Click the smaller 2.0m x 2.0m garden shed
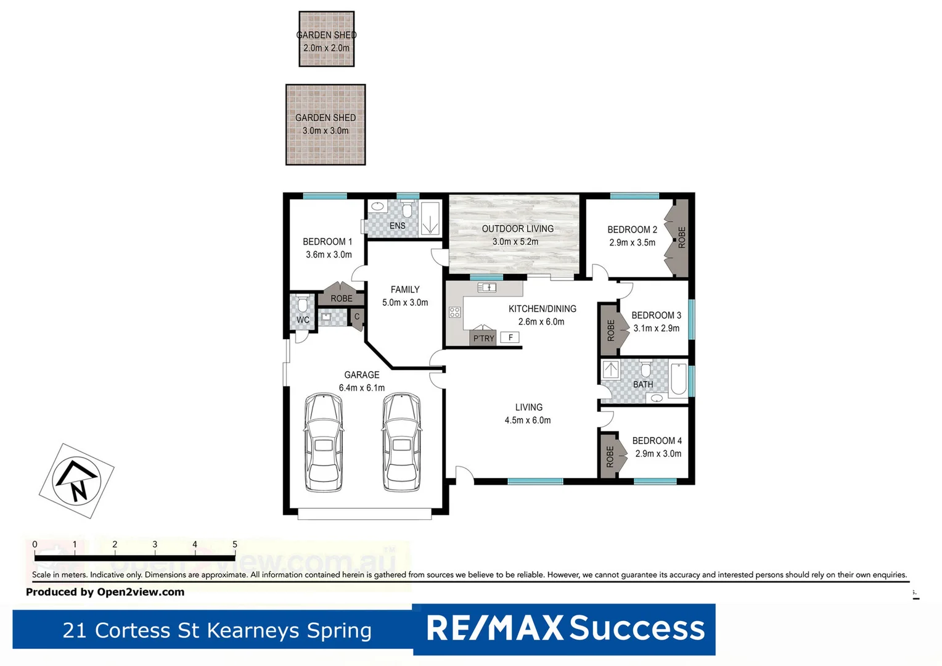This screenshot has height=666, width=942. (326, 39)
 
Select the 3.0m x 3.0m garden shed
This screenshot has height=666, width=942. (326, 125)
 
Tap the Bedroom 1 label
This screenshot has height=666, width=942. (327, 242)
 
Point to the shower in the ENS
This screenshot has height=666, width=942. (430, 219)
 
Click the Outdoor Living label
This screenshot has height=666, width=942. (517, 229)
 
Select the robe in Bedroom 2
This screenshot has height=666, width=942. (679, 237)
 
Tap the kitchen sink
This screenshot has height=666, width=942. (487, 287)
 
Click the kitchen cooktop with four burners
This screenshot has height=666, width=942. (455, 313)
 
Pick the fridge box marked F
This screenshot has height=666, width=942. (510, 337)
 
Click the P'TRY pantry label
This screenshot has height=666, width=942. (483, 339)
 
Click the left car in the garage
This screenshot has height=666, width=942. (324, 442)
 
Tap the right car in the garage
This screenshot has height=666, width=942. (401, 442)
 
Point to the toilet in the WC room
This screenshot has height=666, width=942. (302, 305)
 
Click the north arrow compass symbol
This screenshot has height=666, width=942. (76, 481)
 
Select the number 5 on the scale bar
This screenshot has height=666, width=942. (235, 545)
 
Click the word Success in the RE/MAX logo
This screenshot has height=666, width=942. (637, 628)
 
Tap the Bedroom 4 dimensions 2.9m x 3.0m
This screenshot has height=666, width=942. (658, 454)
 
